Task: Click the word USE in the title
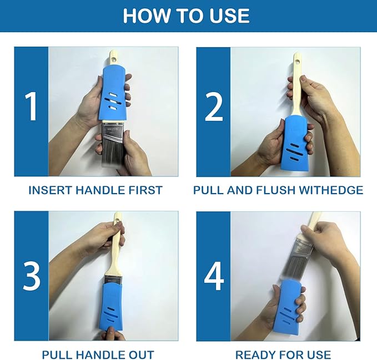tap(229, 16)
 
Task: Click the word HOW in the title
tap(146, 16)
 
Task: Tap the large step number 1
tap(31, 106)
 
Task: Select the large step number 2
tap(214, 107)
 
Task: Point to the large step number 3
tap(32, 276)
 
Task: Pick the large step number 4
tap(214, 276)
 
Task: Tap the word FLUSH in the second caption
tap(275, 190)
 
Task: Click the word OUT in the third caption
tap(141, 354)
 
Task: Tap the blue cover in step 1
tap(113, 94)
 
